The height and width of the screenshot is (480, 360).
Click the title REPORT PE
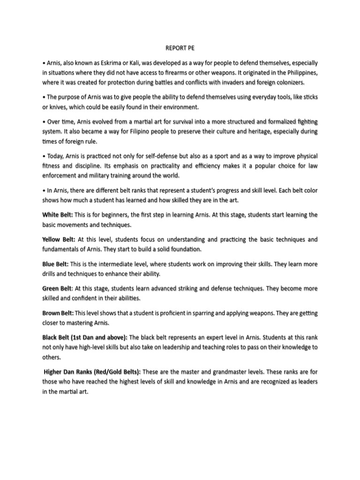pos(180,48)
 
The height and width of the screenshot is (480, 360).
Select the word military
pos(96,175)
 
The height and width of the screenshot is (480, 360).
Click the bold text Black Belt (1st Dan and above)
pos(84,337)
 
